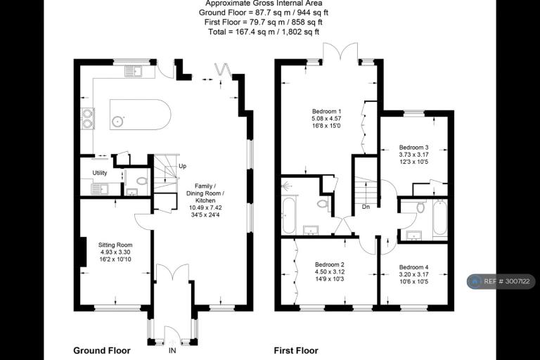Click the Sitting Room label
[x=115, y=245]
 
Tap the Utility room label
[x=100, y=173]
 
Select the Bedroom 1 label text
[x=326, y=111]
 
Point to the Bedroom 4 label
[x=413, y=267]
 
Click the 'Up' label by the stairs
[x=183, y=166]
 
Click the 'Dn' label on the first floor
[x=366, y=207]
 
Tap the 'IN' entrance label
[x=172, y=351]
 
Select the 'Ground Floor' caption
[x=102, y=351]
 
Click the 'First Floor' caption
[x=296, y=351]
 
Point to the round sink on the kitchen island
[x=118, y=121]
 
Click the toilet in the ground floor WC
[x=141, y=181]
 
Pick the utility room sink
[x=99, y=189]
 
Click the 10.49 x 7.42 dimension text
[x=205, y=207]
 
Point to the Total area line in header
[x=264, y=32]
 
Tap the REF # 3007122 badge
[x=501, y=281]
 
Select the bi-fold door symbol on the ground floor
[x=222, y=72]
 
